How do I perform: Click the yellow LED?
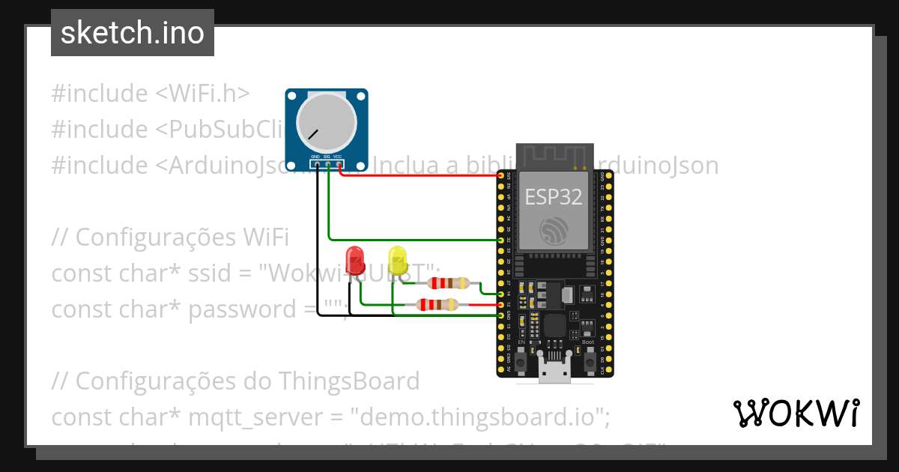397,259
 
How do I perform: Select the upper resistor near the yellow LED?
447,282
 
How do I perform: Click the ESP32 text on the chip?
553,197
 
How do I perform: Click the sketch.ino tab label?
132,33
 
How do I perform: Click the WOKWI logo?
796,413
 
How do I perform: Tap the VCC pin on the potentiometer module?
339,163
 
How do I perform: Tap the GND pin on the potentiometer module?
317,163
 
